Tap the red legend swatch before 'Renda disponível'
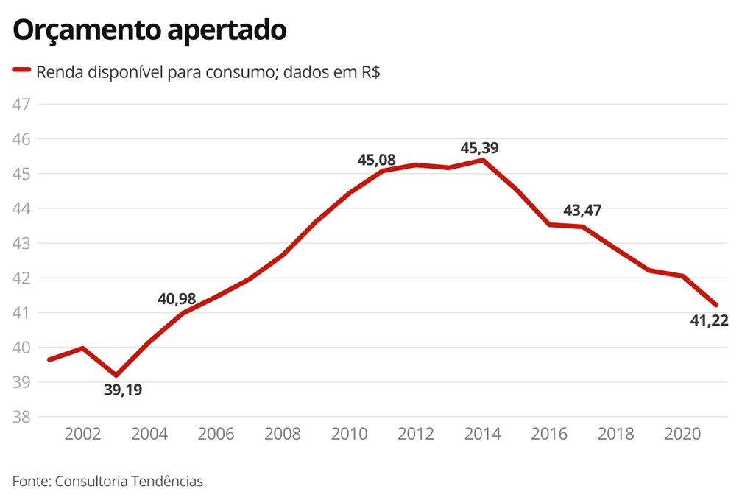[21, 70]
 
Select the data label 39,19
[123, 390]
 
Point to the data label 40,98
[177, 299]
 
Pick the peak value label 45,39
[480, 148]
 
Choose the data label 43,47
[582, 211]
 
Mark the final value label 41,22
[709, 320]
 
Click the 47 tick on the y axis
[21, 104]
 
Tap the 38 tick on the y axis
[21, 417]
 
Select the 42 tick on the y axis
[21, 278]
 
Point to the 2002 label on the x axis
[83, 435]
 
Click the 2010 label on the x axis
[350, 435]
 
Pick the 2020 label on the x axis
[683, 435]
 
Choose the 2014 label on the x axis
[483, 435]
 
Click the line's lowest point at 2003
[116, 376]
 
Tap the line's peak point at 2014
[483, 160]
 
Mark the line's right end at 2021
[716, 305]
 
